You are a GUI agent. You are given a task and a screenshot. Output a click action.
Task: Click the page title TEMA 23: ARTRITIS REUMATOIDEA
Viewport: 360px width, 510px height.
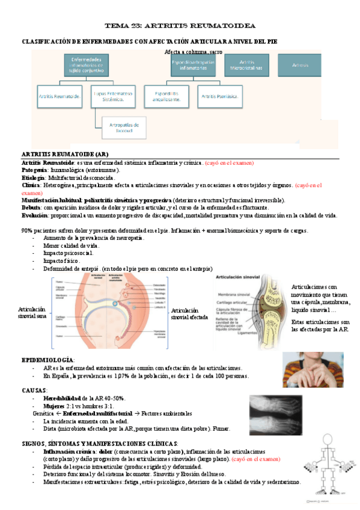(180, 26)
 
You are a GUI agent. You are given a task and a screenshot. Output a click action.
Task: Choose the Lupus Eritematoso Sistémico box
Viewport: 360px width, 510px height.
(112, 96)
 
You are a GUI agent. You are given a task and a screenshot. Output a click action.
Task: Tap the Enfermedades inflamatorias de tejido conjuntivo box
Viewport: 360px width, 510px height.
(86, 65)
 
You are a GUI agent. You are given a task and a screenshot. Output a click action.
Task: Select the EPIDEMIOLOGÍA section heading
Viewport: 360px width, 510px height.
(48, 359)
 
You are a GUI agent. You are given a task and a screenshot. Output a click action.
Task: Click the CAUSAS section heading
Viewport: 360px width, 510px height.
(34, 390)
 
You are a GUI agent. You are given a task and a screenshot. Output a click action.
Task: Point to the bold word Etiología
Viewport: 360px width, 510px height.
(33, 178)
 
